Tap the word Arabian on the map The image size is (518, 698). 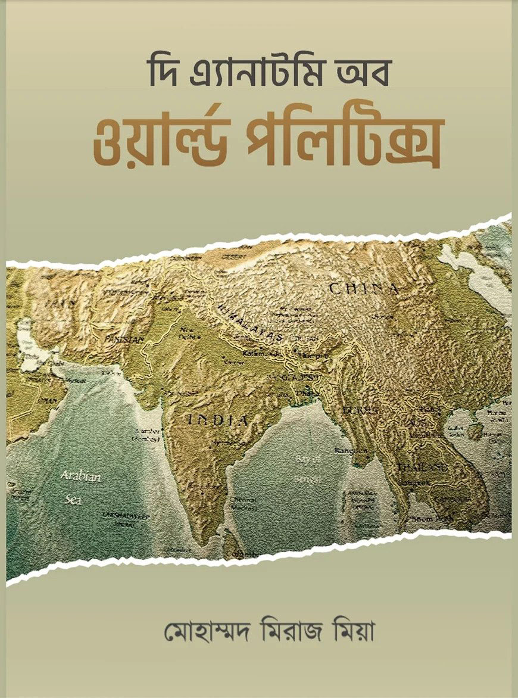[x=80, y=476]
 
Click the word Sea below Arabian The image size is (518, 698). [x=73, y=500]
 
